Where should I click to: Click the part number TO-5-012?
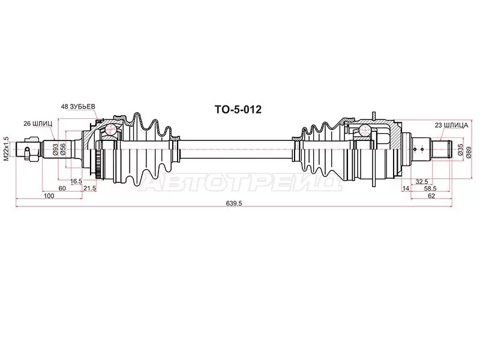click(238, 109)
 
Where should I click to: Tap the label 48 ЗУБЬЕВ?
click(78, 107)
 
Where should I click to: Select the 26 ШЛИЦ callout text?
click(38, 124)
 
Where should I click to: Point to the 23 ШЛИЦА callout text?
click(452, 125)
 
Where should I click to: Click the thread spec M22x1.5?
click(6, 149)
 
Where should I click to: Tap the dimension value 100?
click(49, 196)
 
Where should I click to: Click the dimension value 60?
click(62, 188)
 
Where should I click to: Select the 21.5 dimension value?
click(90, 188)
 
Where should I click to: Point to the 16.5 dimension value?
click(76, 181)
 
